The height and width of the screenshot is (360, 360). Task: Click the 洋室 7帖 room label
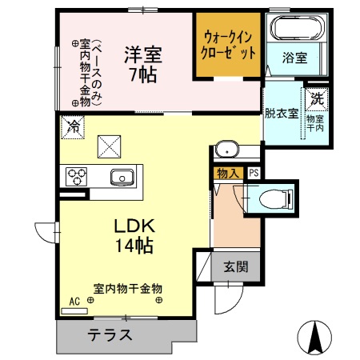[142, 63]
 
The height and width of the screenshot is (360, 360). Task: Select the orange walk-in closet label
[230, 45]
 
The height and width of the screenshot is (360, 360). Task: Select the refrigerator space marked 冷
[72, 126]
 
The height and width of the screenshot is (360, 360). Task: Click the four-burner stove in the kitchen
[75, 176]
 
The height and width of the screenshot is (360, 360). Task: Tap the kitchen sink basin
[121, 177]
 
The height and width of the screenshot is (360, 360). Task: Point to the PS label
[254, 171]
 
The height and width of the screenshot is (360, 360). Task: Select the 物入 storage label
[228, 171]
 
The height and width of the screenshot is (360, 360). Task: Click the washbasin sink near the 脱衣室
[228, 149]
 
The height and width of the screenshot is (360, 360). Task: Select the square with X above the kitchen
[107, 146]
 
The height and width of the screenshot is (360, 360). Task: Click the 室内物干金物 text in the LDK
[128, 288]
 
